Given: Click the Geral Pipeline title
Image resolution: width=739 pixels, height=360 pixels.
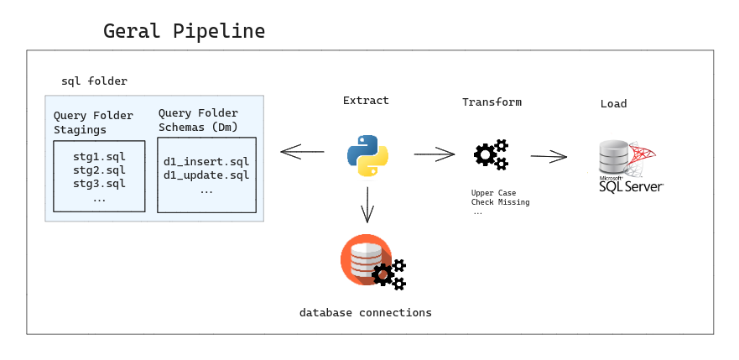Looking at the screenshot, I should click(x=184, y=32).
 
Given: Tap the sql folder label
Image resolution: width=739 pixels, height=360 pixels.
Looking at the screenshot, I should click(x=94, y=81).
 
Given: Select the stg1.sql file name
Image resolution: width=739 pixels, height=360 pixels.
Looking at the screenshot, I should click(x=99, y=156).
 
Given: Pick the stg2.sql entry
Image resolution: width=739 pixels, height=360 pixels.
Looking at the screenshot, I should click(x=99, y=170).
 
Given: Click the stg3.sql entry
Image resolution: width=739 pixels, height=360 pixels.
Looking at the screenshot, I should click(x=99, y=184).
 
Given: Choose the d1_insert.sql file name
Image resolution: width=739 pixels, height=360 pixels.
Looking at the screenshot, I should click(x=206, y=161).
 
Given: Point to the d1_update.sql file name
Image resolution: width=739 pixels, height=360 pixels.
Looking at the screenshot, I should click(x=206, y=175).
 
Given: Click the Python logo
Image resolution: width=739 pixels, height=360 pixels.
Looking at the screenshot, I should click(x=367, y=154).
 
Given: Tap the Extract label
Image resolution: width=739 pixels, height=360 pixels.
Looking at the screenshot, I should click(x=366, y=101).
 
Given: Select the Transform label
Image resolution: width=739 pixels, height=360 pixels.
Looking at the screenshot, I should click(x=492, y=102).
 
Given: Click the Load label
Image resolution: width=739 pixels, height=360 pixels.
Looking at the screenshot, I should click(x=613, y=104).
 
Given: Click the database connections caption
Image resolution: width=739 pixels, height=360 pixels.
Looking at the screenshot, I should click(x=366, y=313).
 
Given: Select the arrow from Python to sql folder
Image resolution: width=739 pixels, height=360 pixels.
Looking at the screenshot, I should click(x=302, y=152).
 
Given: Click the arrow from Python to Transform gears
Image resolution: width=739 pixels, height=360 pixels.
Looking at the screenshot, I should click(x=434, y=154).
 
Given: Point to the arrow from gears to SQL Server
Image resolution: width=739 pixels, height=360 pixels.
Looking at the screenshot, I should click(x=549, y=156).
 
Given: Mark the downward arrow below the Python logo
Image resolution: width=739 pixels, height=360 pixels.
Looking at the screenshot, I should click(x=367, y=203).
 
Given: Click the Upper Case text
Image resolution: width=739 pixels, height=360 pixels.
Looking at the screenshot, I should click(x=493, y=193).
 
